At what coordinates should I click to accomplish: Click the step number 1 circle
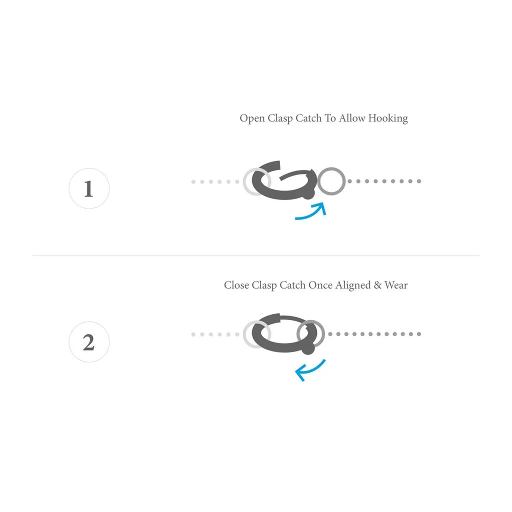pos(89,188)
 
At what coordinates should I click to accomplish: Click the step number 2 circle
pos(89,342)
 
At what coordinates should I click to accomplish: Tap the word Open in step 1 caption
pos(252,118)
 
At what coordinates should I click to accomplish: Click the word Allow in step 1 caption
pos(352,118)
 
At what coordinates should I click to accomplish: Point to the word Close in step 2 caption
pos(236,285)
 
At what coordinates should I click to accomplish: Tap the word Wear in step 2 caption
pos(396,285)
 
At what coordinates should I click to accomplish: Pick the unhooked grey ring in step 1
pos(331,181)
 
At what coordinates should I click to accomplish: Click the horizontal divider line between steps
pos(256,256)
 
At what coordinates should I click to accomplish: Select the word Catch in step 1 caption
pos(309,118)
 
